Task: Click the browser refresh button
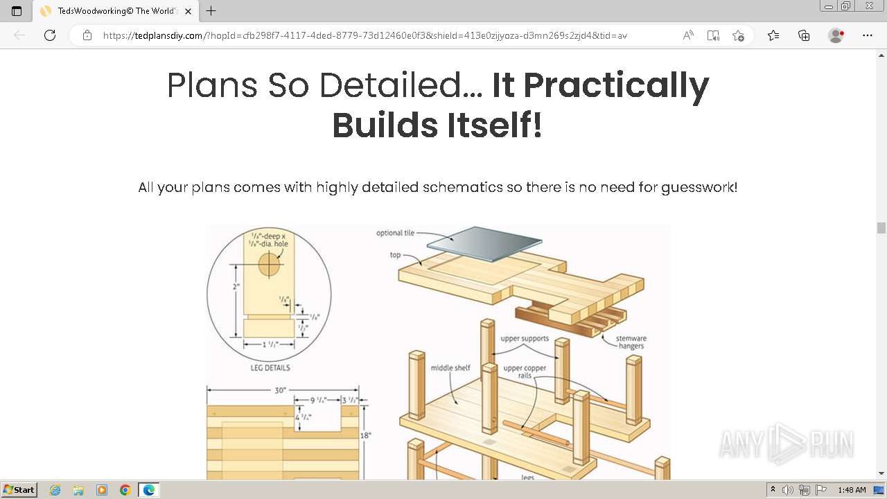click(x=50, y=35)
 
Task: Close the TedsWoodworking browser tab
click(x=188, y=11)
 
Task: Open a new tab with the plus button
click(x=211, y=11)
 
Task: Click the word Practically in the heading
click(x=600, y=85)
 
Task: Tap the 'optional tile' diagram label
click(x=395, y=233)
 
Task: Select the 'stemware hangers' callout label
click(x=631, y=342)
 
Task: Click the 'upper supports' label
click(x=525, y=339)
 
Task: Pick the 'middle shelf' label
click(x=450, y=368)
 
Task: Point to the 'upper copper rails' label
click(x=525, y=372)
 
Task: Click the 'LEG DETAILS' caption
click(x=270, y=368)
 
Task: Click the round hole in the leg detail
click(x=270, y=264)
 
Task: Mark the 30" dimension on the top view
click(x=280, y=390)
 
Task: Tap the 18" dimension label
click(x=366, y=435)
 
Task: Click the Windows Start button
click(x=19, y=490)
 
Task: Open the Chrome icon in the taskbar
click(x=125, y=490)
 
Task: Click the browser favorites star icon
click(x=738, y=35)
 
